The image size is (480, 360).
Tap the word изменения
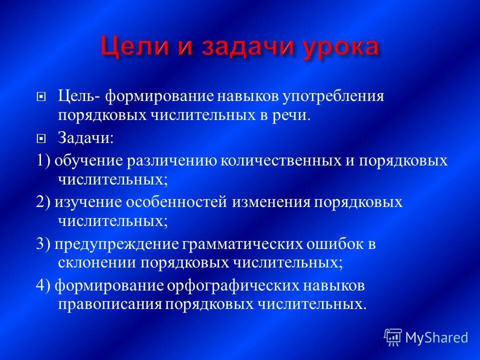[274, 202]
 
